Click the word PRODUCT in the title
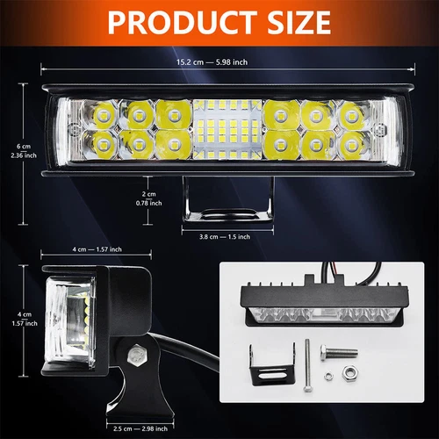(172, 22)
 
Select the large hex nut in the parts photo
(349, 373)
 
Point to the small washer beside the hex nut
(327, 378)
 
